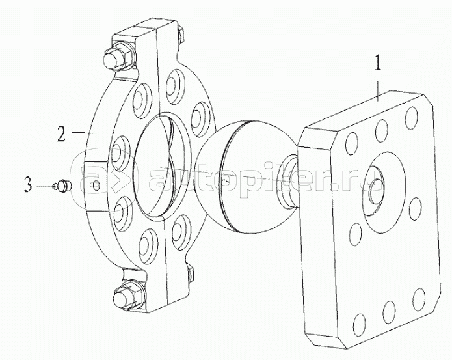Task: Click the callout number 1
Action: pyautogui.click(x=379, y=65)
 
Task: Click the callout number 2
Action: pyautogui.click(x=60, y=135)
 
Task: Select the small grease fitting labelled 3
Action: pyautogui.click(x=61, y=186)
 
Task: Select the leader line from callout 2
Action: pyautogui.click(x=83, y=133)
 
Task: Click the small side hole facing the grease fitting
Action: pyautogui.click(x=96, y=186)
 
